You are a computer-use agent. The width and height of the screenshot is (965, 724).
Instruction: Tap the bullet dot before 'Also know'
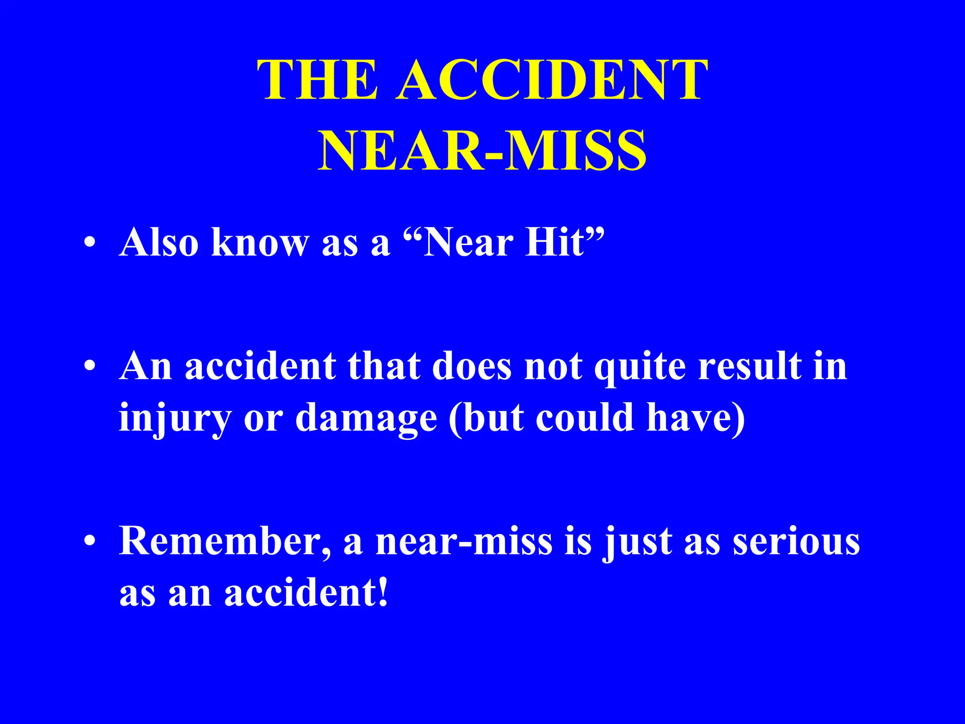click(90, 244)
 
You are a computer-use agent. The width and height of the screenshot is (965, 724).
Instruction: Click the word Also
click(159, 243)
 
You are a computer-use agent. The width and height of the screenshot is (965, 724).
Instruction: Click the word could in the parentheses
click(584, 418)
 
